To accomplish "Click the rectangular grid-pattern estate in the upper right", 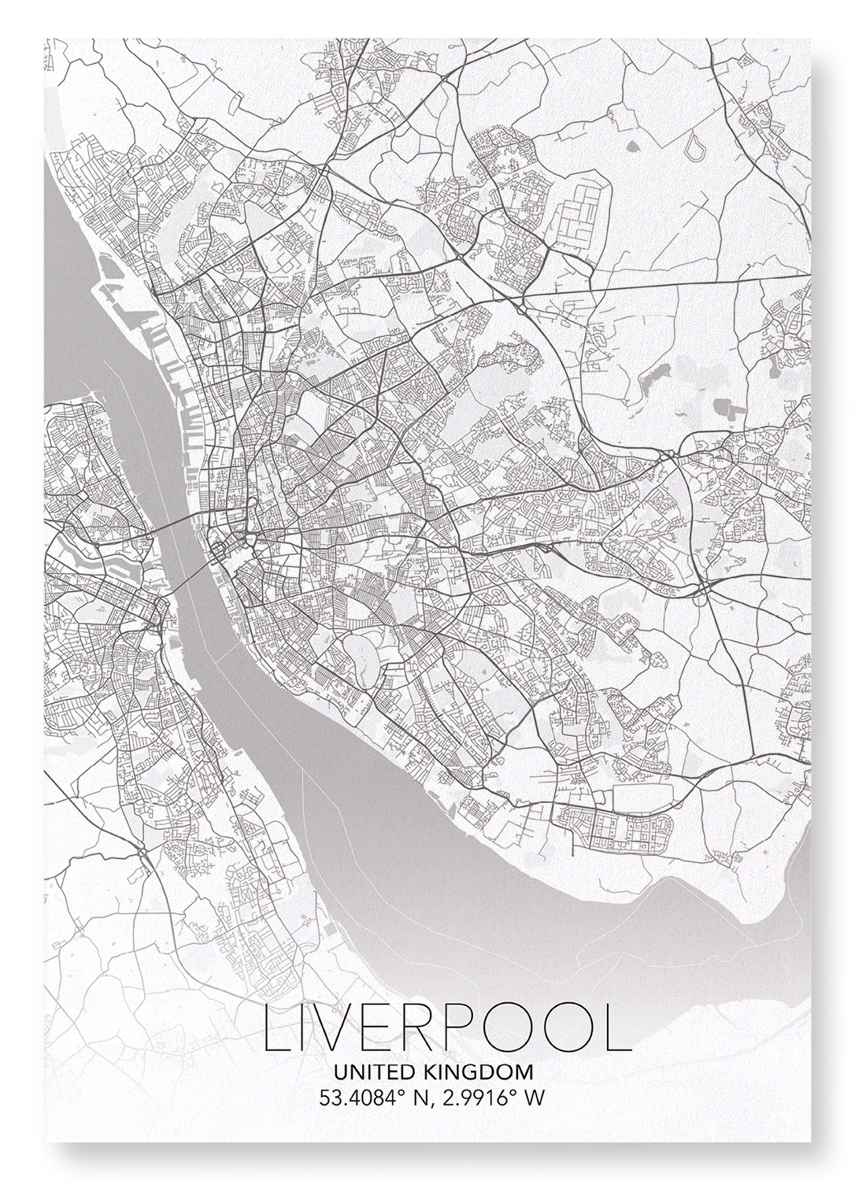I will [582, 213].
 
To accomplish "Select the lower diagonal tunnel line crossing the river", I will [189, 580].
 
